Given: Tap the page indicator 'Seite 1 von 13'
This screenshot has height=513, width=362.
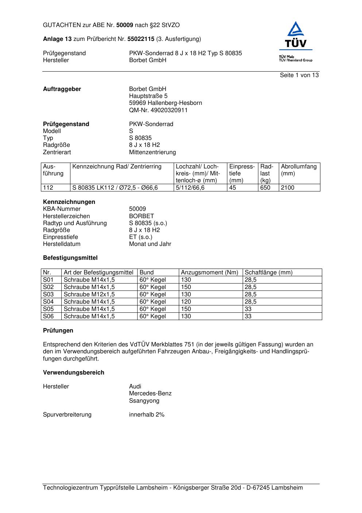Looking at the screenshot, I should click(x=299, y=75).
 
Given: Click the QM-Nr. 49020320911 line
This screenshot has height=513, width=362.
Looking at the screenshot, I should click(x=158, y=110).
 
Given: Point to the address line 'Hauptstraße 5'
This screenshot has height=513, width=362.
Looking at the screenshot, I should click(x=148, y=96).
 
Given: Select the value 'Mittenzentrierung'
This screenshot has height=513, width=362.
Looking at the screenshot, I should click(x=152, y=152).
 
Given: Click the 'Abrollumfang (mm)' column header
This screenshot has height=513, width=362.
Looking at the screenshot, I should click(x=299, y=170).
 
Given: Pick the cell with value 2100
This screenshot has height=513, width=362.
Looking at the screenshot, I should click(x=288, y=188).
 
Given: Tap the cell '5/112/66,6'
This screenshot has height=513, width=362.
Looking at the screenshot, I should click(x=190, y=188).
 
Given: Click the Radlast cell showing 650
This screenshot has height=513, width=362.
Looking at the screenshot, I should click(x=265, y=188).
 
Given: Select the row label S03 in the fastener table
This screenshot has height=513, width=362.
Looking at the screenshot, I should click(x=48, y=294).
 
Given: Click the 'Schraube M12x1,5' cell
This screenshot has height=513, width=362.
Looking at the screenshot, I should click(x=89, y=294).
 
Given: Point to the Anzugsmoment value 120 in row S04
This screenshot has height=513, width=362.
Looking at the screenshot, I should click(x=186, y=302).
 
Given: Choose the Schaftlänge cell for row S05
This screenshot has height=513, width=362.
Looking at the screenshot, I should click(x=248, y=309).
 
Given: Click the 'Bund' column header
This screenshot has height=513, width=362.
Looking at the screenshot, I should click(x=146, y=273).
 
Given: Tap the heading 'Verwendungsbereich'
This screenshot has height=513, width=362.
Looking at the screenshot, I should click(x=73, y=373).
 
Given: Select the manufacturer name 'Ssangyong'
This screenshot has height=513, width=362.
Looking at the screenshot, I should click(x=144, y=401).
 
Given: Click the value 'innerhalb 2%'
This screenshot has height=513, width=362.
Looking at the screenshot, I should click(x=147, y=415).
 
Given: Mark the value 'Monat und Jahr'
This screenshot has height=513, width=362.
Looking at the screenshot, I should click(x=150, y=244).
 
